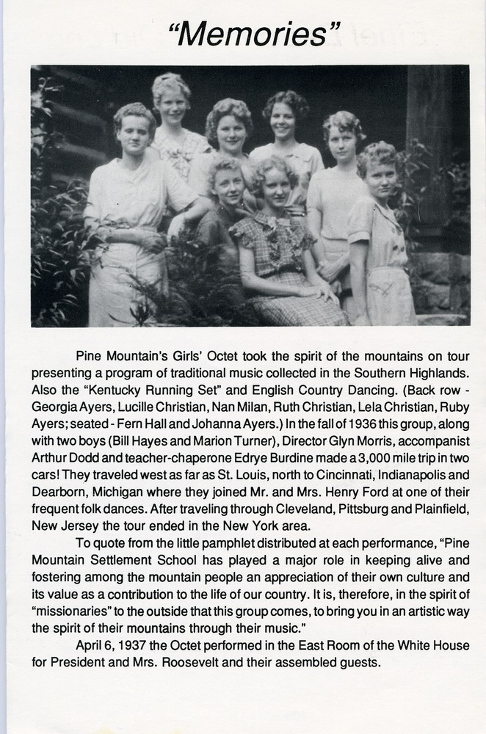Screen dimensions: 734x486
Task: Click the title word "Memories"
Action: pyautogui.click(x=255, y=34)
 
